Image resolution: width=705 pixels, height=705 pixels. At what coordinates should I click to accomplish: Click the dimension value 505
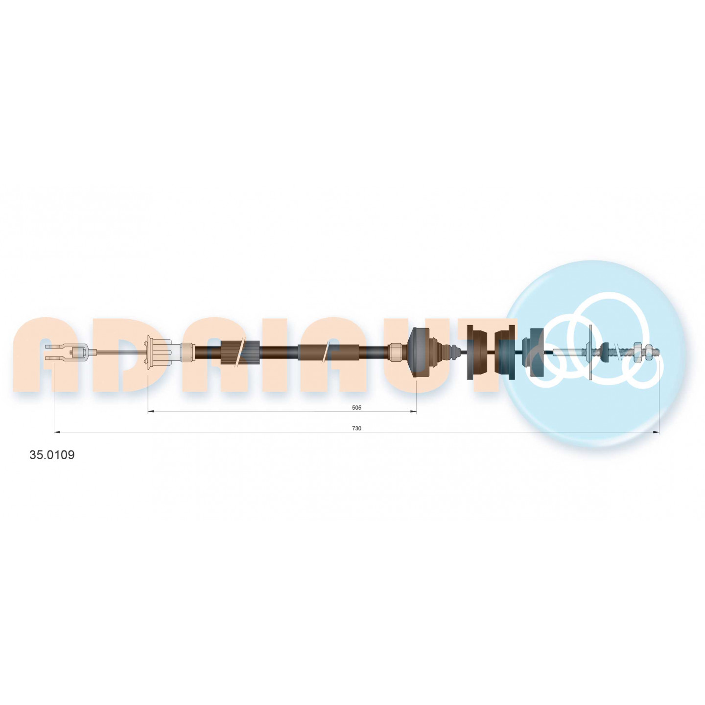pos(356,407)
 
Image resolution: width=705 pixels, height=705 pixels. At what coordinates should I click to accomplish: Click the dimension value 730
pos(356,428)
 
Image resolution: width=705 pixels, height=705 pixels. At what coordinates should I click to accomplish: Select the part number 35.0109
pos(52,455)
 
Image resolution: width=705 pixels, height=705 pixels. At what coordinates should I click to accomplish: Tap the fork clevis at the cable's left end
pos(66,352)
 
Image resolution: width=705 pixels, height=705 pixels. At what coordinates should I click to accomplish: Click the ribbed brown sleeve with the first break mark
pos(240,352)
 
